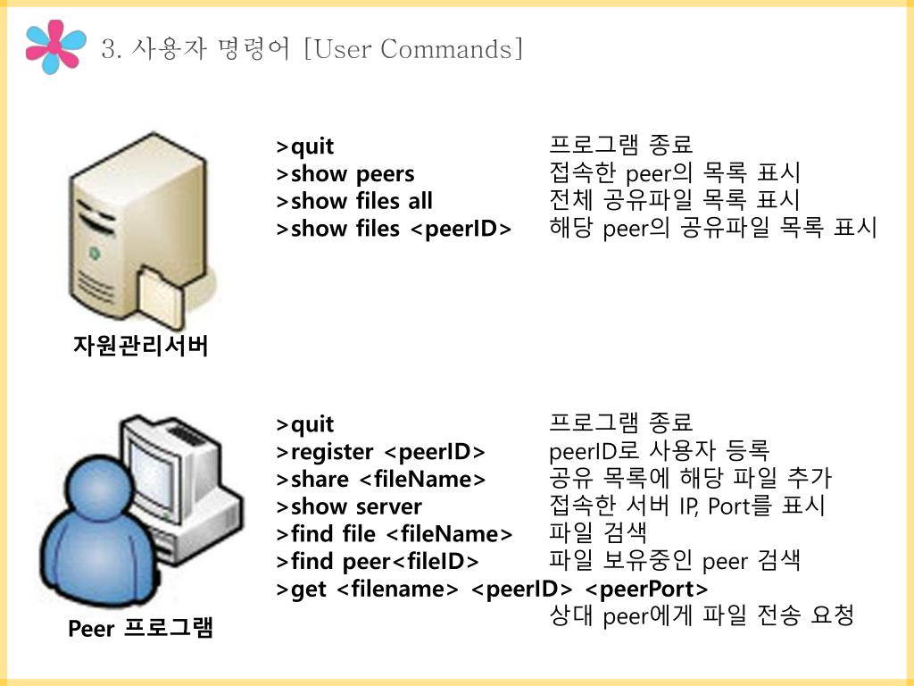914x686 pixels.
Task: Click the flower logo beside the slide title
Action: (56, 47)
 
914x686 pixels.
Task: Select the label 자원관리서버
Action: (140, 346)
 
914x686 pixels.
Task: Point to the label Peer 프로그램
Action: (141, 629)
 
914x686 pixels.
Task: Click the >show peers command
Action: (345, 173)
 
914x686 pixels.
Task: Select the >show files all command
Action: (354, 201)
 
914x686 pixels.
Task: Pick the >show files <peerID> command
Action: (394, 229)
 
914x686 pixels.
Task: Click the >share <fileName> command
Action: (381, 479)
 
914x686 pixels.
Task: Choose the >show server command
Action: (349, 506)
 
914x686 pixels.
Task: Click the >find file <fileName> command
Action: (395, 534)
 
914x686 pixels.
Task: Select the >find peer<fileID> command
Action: (378, 562)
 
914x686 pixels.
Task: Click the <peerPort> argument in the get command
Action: (646, 590)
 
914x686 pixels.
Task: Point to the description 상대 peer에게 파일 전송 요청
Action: (702, 615)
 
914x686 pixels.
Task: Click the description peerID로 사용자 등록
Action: (659, 451)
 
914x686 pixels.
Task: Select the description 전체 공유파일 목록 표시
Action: (674, 201)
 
